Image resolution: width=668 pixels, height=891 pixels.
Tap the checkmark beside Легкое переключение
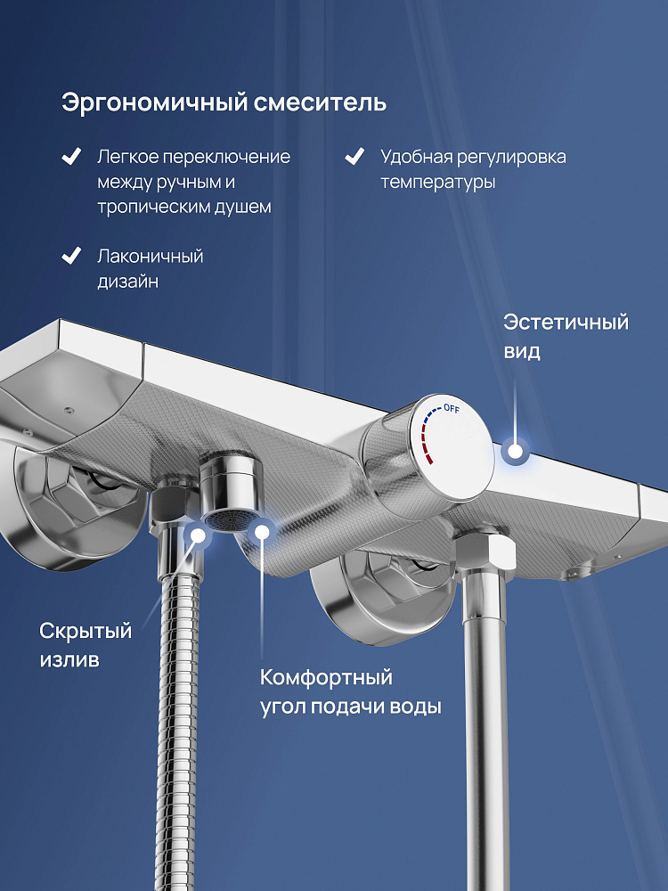pos(71,156)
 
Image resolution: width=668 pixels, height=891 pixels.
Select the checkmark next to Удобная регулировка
pos(354,156)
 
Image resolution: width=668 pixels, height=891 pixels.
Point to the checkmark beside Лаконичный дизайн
pos(71,256)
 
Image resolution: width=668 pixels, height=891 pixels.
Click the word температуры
pos(438,183)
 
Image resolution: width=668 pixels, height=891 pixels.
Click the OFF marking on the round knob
pos(452,408)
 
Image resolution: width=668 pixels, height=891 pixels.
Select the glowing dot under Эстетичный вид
pos(515,451)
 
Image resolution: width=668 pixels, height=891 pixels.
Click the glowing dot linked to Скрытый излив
pos(198,535)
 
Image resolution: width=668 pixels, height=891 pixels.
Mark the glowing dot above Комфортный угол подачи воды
pos(262,532)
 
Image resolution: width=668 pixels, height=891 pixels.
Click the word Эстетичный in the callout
pos(566,323)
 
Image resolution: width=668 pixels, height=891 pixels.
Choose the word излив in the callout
pos(69,659)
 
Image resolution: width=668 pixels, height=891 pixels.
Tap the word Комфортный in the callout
pos(326,678)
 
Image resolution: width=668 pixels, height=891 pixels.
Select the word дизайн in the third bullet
pos(127,282)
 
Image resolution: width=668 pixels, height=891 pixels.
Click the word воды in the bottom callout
pos(415,707)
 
